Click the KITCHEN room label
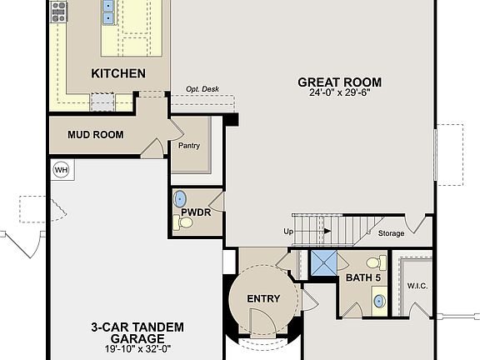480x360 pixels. (x=118, y=73)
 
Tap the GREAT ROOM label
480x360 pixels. (x=339, y=82)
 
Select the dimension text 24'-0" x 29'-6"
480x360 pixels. (x=339, y=92)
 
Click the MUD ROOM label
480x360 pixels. (x=96, y=134)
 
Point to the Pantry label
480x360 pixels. (x=189, y=145)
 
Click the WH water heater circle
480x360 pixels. (x=61, y=169)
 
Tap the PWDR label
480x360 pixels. (x=195, y=212)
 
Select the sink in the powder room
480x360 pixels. (x=181, y=198)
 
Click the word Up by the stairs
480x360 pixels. (x=289, y=232)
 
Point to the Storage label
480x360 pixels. (x=391, y=233)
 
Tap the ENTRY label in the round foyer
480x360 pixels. (x=263, y=299)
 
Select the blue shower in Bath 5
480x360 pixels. (x=322, y=264)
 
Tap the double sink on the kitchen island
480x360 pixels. (x=108, y=12)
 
